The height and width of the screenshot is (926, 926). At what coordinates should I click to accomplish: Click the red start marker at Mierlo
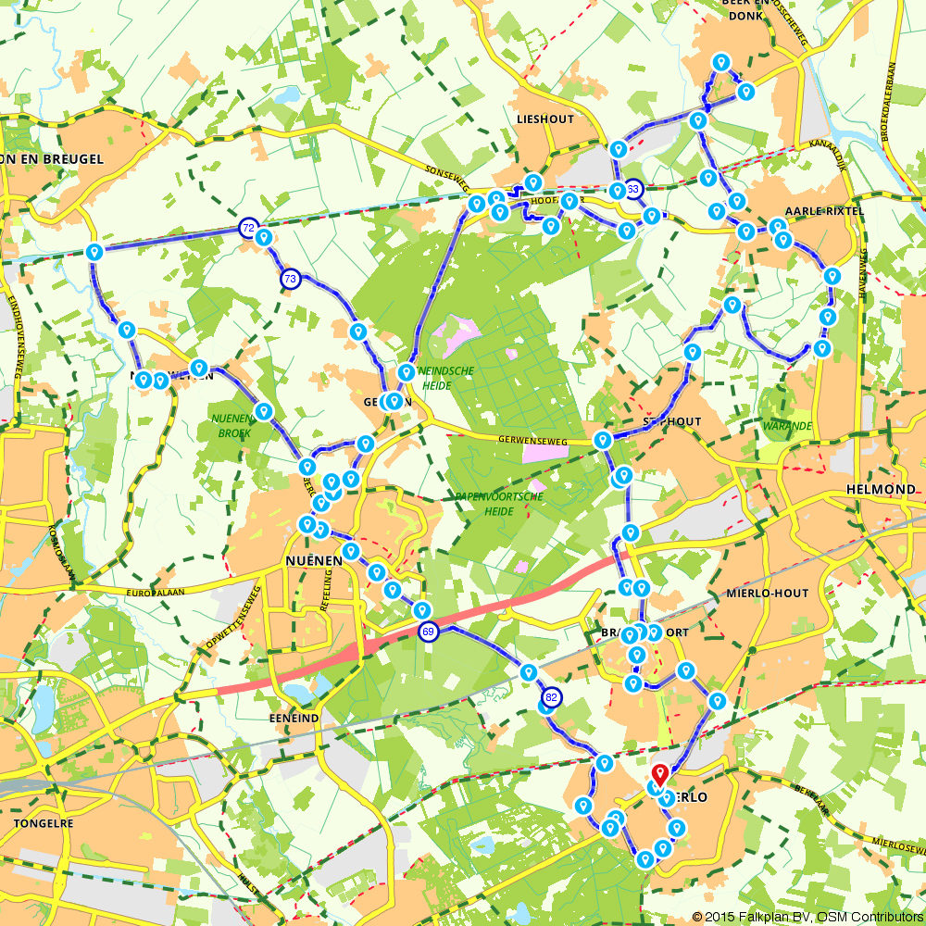tap(659, 775)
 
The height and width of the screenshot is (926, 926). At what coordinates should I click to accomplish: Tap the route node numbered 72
tap(247, 228)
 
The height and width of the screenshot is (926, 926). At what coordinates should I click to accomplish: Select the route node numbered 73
tap(291, 278)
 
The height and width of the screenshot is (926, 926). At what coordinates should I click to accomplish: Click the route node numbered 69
tap(427, 632)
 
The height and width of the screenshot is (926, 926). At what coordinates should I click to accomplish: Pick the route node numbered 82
tap(552, 697)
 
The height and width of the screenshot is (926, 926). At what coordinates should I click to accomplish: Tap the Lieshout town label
tap(546, 119)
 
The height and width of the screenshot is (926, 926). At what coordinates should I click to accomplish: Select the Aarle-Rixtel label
tap(823, 212)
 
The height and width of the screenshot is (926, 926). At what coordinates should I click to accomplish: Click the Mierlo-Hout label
tap(768, 593)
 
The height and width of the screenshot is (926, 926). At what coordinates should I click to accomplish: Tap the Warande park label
tap(788, 426)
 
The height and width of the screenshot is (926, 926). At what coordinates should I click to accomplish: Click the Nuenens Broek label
tap(231, 425)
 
